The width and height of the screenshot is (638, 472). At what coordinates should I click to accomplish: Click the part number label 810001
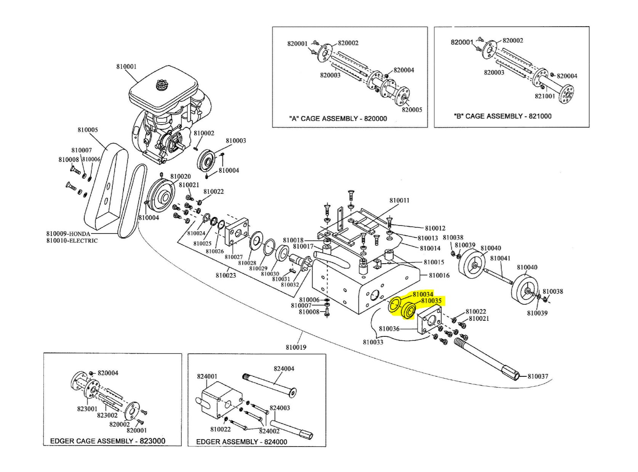[x=126, y=67]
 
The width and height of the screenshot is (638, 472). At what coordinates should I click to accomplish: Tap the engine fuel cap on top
[x=162, y=85]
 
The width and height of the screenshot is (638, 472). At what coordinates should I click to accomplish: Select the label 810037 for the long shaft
[x=537, y=376]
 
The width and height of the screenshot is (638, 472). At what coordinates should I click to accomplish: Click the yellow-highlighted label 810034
[x=423, y=294]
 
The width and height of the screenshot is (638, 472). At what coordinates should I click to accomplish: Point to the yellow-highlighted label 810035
[x=431, y=301]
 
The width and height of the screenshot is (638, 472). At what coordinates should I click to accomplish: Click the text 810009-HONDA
[x=68, y=234]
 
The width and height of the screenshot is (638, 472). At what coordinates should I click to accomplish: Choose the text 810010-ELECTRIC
[x=72, y=240]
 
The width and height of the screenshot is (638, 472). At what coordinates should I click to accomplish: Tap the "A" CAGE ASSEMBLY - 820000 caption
[x=338, y=118]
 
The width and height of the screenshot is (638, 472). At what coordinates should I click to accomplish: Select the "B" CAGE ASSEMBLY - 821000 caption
[x=502, y=116]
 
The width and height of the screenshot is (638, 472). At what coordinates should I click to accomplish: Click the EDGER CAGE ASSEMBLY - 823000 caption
[x=108, y=441]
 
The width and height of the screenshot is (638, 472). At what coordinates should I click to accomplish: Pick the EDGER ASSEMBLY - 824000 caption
[x=241, y=442]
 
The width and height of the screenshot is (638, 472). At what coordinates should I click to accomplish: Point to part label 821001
[x=545, y=96]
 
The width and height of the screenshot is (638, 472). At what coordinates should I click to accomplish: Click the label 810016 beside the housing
[x=439, y=275]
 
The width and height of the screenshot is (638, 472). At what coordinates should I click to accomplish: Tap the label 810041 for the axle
[x=500, y=258]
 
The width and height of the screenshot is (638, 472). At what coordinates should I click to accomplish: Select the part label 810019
[x=296, y=347]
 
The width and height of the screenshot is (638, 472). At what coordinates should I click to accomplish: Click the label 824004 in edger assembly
[x=284, y=368]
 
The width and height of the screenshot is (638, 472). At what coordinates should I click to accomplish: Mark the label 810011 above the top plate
[x=399, y=200]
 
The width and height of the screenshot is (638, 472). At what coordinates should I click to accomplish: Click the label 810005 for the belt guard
[x=88, y=130]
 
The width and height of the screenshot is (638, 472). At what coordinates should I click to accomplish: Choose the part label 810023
[x=225, y=275]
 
